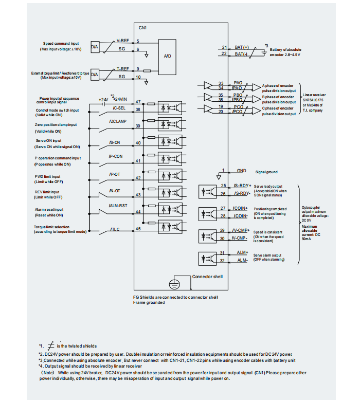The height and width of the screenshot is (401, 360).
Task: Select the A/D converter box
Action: [x=167, y=56]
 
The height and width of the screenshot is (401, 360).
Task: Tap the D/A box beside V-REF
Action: [x=95, y=47]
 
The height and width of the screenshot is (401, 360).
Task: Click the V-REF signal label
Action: [x=122, y=40]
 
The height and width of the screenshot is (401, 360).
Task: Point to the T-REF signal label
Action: [x=122, y=68]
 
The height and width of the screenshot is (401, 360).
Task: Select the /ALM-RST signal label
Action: [x=118, y=205]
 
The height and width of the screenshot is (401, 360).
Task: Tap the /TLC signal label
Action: [x=115, y=228]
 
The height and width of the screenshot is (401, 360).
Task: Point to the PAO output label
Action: [x=238, y=82]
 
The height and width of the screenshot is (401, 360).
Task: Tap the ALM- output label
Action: [x=242, y=261]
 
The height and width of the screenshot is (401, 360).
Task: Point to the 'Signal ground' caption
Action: [x=267, y=172]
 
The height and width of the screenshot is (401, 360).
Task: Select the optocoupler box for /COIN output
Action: [x=211, y=212]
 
